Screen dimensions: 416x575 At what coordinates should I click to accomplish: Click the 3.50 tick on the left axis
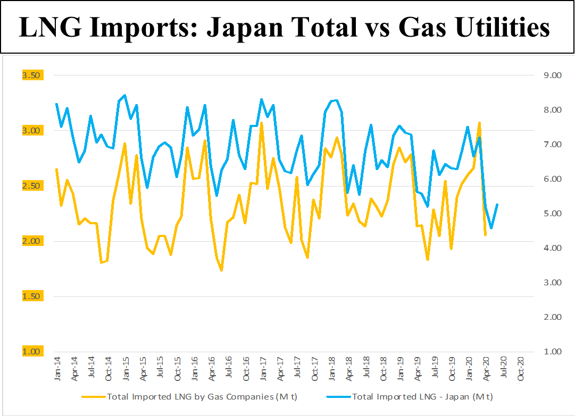(31, 75)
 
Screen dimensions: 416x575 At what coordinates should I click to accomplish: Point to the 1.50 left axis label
(31, 296)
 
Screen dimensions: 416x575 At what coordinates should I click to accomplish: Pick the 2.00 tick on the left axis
(31, 241)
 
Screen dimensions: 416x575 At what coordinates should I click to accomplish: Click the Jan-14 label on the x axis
(57, 368)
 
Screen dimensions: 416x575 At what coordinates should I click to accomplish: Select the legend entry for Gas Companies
(187, 396)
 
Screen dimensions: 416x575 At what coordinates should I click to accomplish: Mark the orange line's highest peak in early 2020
(479, 123)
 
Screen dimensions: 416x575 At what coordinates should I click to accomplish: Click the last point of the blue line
(497, 205)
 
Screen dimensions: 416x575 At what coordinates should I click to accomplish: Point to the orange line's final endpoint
(485, 235)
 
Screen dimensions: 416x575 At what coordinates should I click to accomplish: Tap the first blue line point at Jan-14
(56, 104)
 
